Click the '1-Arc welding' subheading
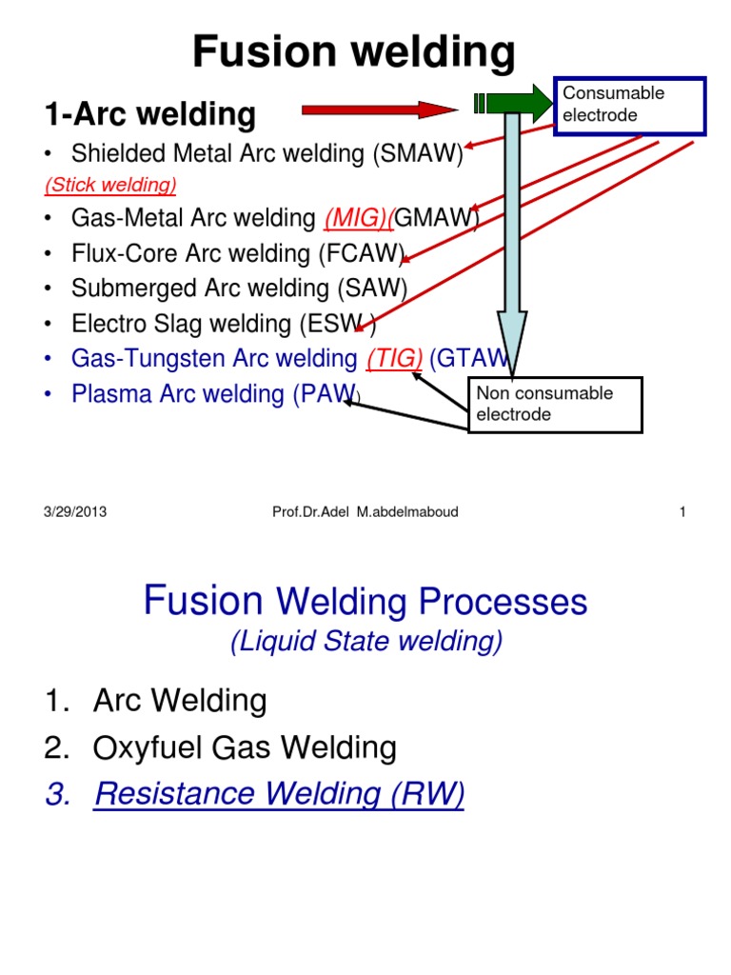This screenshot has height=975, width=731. (x=149, y=115)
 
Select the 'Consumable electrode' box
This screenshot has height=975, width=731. (x=629, y=105)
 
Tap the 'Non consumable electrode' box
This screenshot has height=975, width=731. (x=555, y=405)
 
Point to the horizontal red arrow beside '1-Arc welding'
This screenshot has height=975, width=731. (x=379, y=110)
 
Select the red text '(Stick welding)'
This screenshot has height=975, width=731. (x=110, y=183)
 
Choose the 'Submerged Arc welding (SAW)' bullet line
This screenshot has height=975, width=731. (x=239, y=289)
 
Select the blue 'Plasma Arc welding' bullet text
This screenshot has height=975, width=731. (x=177, y=394)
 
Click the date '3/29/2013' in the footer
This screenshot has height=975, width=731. (x=75, y=512)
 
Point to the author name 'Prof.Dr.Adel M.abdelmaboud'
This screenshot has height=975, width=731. (x=365, y=512)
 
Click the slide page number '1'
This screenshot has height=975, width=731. (x=682, y=512)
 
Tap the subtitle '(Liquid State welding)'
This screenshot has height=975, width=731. (x=365, y=644)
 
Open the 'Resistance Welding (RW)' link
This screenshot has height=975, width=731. (x=278, y=794)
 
